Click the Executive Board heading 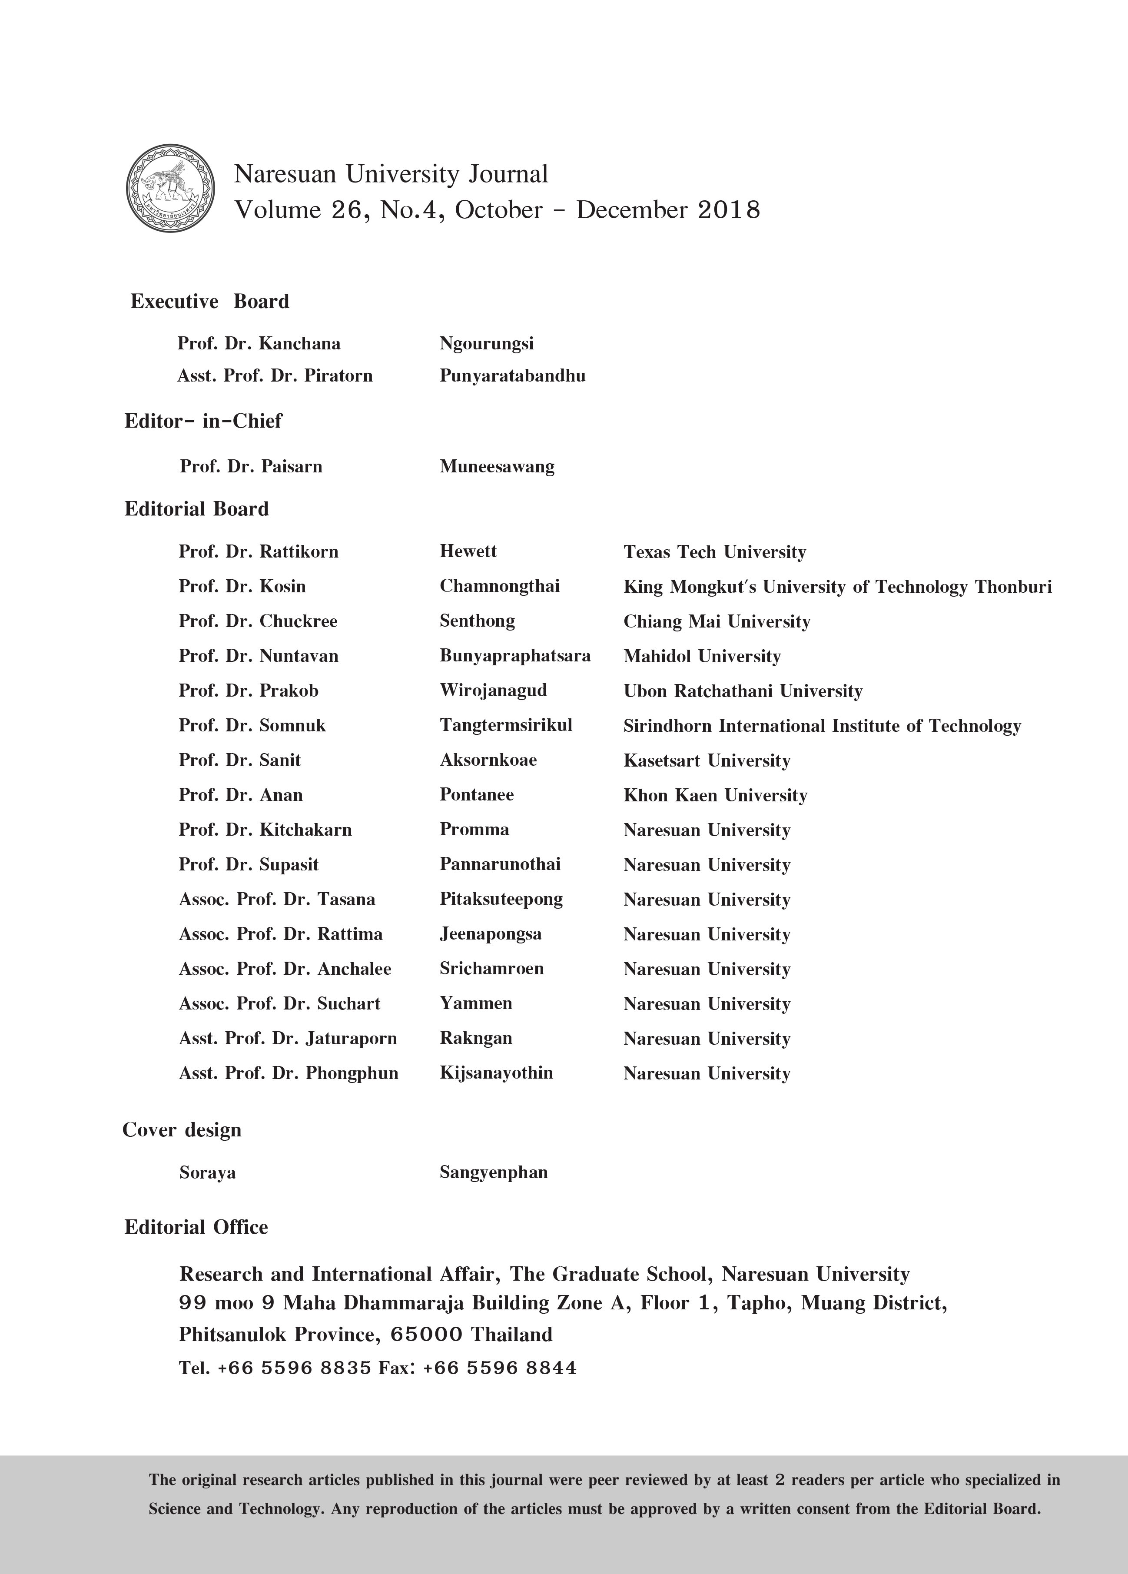click(209, 301)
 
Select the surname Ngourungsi click(486, 344)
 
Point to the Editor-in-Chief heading click(203, 421)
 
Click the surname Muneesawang click(497, 466)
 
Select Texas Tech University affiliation click(714, 552)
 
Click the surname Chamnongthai click(500, 586)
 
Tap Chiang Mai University click(717, 621)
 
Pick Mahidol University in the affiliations click(702, 656)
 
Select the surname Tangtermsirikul click(506, 725)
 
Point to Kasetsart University click(707, 760)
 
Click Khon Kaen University click(715, 795)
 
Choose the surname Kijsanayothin click(496, 1073)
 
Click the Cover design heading click(182, 1130)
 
